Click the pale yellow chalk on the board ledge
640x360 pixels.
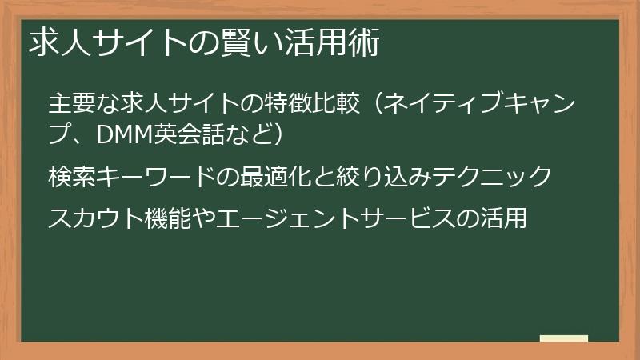[564, 338]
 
